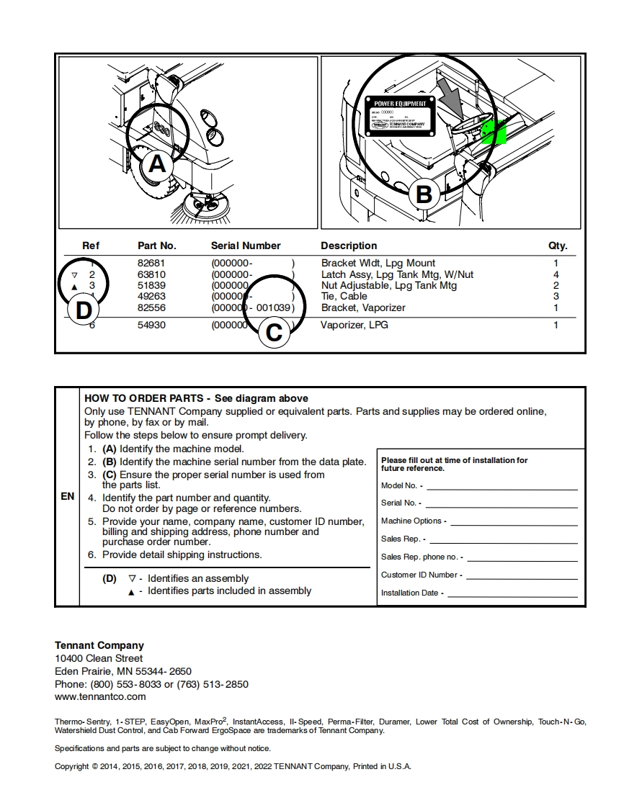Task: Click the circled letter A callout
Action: tap(156, 165)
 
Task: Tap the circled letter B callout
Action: tap(424, 194)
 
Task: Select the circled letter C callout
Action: tap(274, 333)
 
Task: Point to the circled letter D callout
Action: tap(84, 311)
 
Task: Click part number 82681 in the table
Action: tap(151, 264)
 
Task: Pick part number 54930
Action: tap(151, 326)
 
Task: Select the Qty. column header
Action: tap(558, 246)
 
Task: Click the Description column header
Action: tap(349, 246)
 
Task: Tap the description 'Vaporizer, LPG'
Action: tap(355, 326)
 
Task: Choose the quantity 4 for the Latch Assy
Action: tap(556, 275)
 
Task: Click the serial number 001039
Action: tap(274, 308)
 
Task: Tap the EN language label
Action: tap(67, 497)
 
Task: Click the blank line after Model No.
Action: tap(502, 486)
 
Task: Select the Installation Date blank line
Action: tap(512, 593)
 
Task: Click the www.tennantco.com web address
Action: tap(100, 696)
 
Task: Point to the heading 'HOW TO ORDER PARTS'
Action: tap(147, 398)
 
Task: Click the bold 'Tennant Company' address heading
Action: tap(99, 645)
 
